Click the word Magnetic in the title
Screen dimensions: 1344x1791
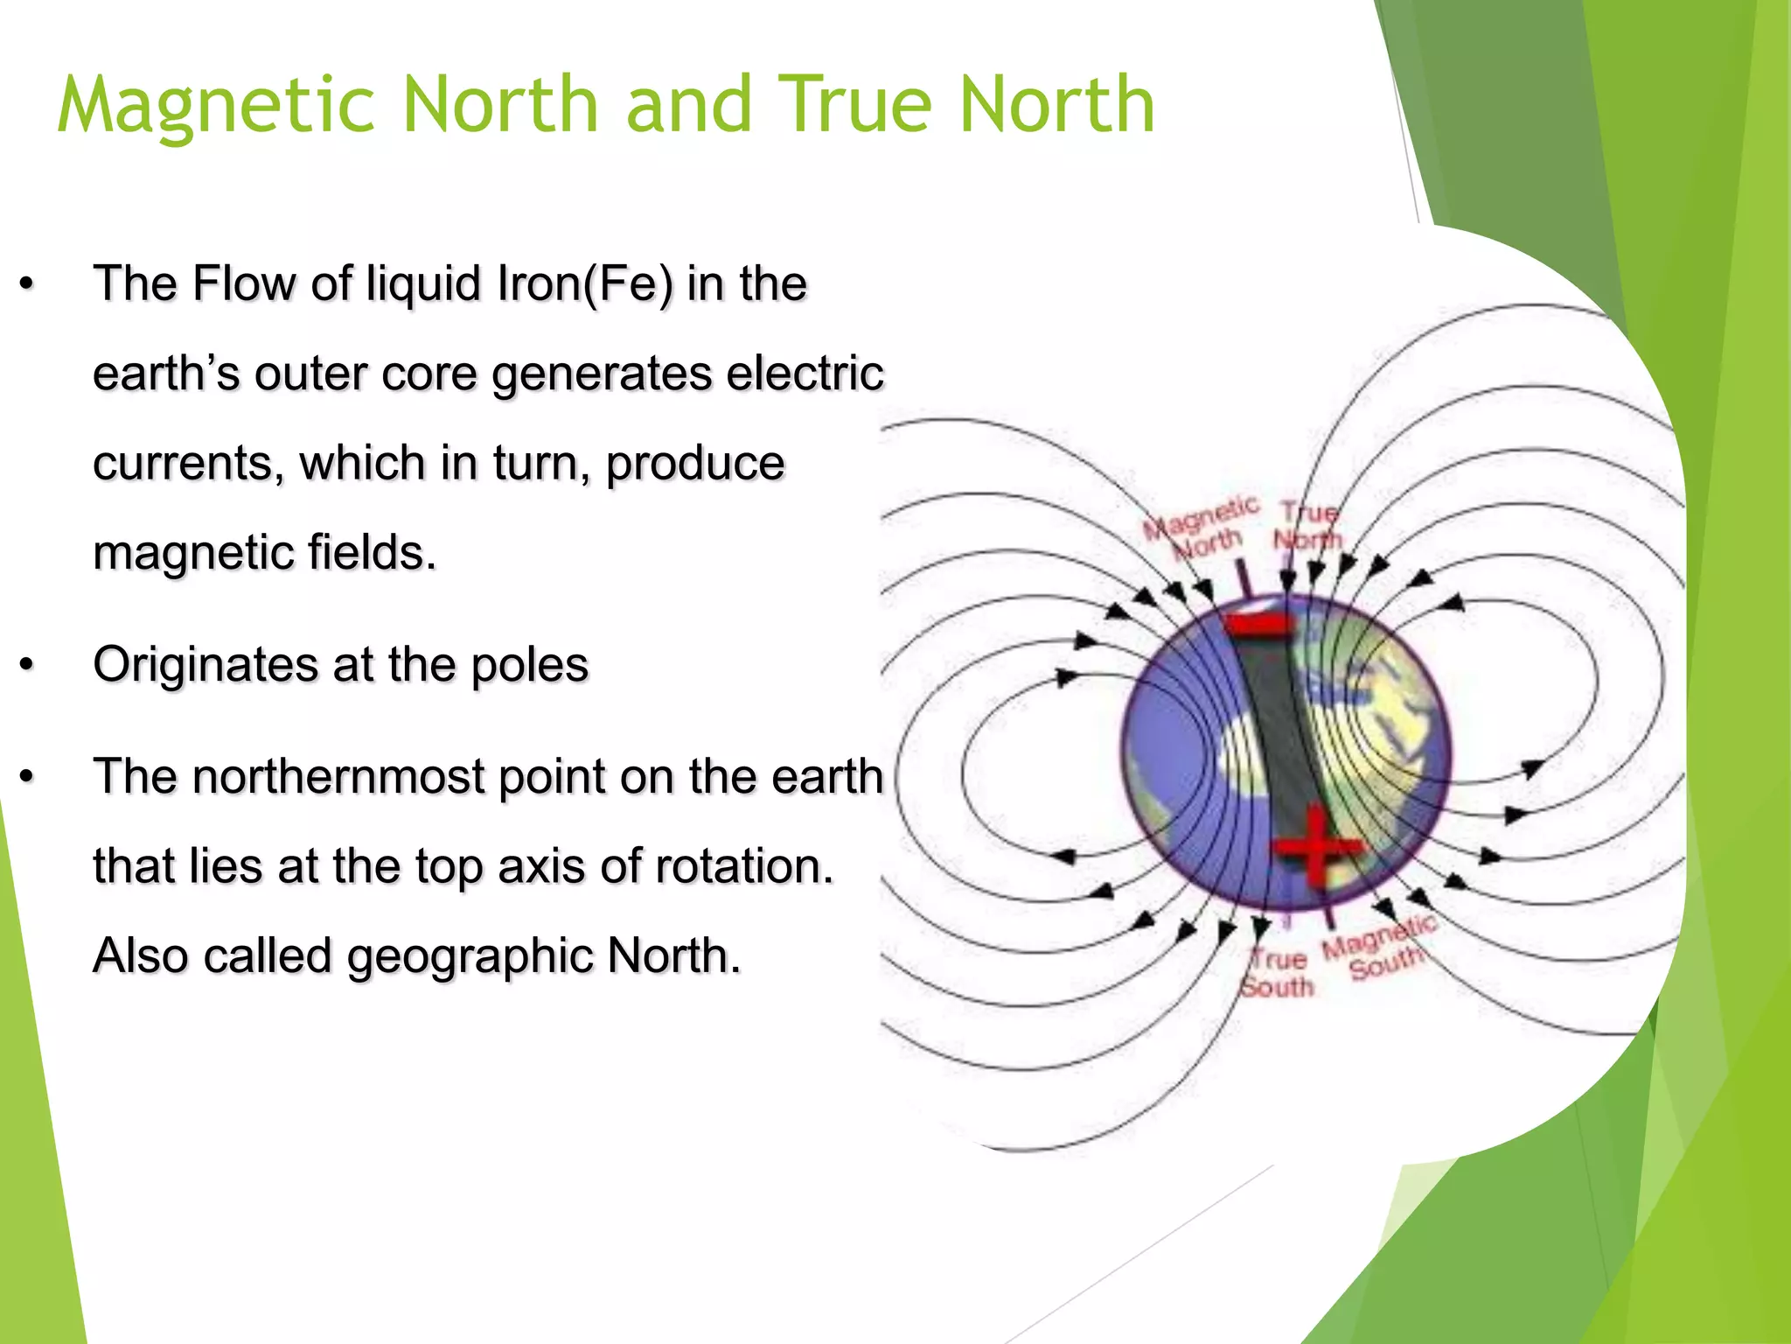[216, 105]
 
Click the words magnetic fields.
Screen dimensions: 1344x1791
[264, 553]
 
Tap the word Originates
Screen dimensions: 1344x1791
[205, 664]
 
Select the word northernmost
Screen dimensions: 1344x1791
[338, 776]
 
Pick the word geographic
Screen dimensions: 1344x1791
[470, 955]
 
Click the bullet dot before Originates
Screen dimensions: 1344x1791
[28, 666]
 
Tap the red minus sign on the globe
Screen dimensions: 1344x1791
[1257, 626]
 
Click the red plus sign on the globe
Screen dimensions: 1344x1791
[1314, 847]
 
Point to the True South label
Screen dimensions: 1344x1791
[1278, 973]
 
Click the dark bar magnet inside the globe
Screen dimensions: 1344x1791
[1279, 735]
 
